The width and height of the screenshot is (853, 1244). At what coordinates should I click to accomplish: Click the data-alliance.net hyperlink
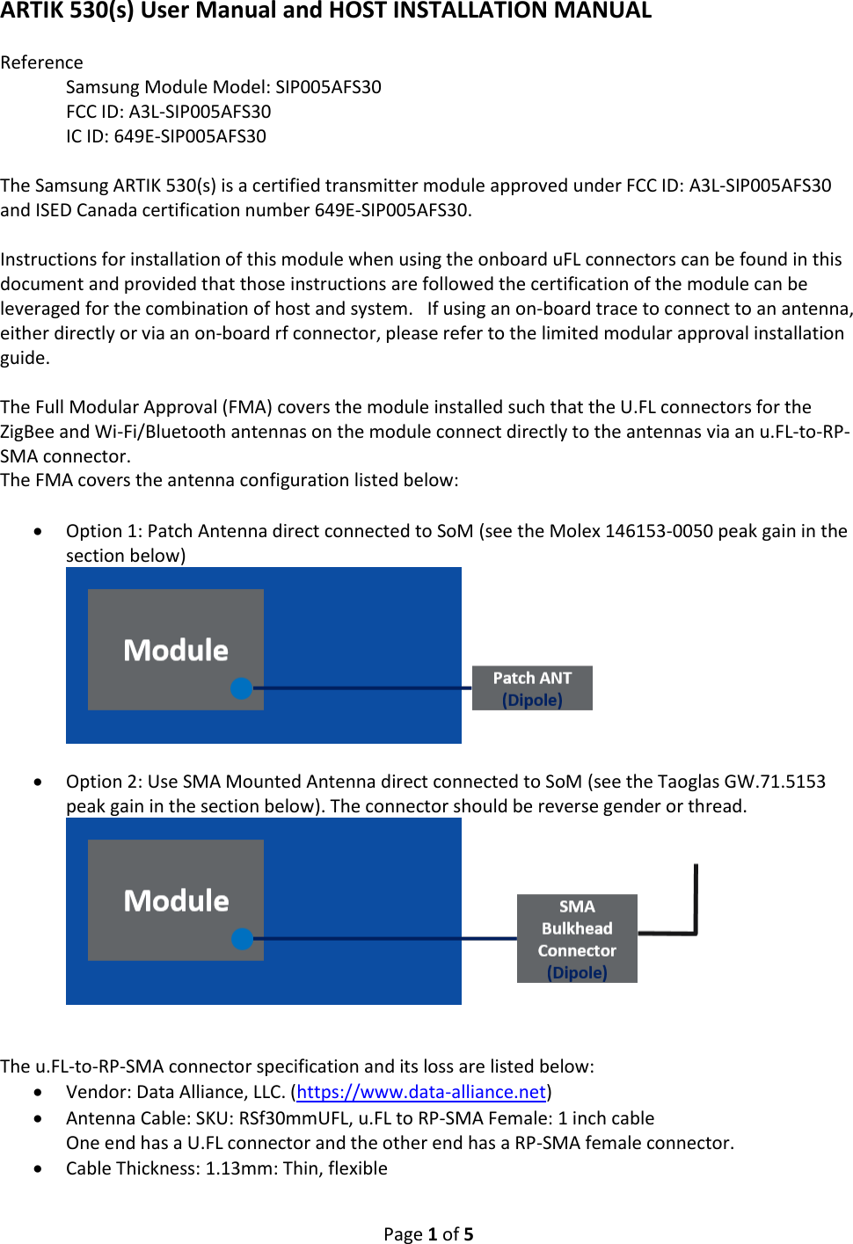point(421,1092)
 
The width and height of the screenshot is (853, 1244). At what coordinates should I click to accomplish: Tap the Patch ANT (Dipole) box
point(532,687)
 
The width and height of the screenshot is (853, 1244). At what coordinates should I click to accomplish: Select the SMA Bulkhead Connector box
point(577,938)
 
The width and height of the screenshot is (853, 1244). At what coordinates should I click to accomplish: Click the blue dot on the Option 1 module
point(242,688)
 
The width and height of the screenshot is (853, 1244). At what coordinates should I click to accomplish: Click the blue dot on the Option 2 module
point(242,939)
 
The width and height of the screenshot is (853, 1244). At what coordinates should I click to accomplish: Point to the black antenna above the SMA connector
point(695,897)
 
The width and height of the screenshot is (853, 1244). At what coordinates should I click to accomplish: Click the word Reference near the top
point(41,62)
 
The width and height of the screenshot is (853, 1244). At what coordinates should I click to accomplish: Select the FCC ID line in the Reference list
point(168,112)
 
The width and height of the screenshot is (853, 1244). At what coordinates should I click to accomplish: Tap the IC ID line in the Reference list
point(165,136)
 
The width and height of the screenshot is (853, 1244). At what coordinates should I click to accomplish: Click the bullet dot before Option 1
point(38,532)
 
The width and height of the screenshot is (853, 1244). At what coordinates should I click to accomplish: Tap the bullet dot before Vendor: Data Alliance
point(38,1093)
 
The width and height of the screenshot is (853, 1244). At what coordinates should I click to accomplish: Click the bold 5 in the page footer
point(469,1234)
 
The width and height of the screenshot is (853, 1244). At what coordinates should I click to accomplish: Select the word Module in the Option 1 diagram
point(176,651)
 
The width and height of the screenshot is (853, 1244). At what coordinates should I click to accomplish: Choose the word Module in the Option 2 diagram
point(176,901)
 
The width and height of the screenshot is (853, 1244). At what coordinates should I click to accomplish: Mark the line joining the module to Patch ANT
point(361,688)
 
